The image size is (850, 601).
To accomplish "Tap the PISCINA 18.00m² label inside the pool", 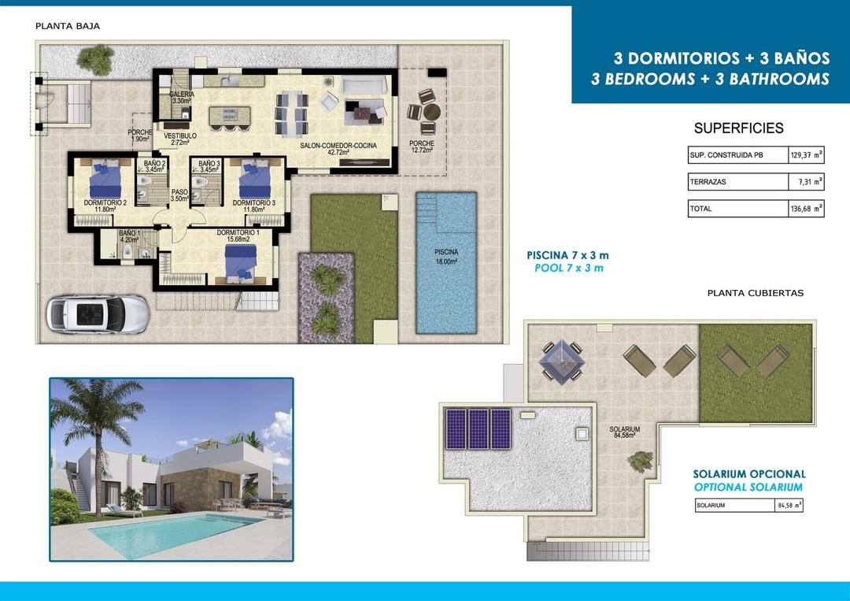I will [445, 257].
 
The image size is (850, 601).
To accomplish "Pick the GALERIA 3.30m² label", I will [181, 98].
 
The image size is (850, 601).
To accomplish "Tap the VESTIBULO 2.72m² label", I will [179, 139].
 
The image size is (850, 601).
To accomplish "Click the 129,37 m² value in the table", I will [807, 155].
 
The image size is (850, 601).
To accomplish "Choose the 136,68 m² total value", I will [807, 209].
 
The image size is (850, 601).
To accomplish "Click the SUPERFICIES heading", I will [738, 128].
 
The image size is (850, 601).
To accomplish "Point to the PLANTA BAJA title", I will [68, 26].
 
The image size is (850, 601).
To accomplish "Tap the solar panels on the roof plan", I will [479, 428].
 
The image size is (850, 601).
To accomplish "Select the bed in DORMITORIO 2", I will [105, 180].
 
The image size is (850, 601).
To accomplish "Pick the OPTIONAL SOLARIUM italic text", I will [748, 488].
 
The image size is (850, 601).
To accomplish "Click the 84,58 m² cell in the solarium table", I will [788, 506].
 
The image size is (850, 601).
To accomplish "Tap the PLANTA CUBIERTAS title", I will [755, 293].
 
